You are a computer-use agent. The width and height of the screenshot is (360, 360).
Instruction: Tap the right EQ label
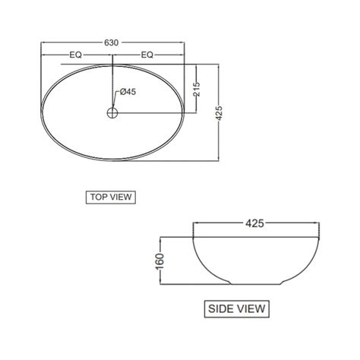click(147, 55)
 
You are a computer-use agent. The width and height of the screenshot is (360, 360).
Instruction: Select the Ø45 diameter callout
click(127, 92)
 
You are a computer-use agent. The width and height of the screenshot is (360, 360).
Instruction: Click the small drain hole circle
click(112, 113)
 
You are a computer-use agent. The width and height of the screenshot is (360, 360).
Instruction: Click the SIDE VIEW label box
click(237, 308)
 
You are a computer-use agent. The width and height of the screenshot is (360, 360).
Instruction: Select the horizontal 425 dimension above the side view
click(254, 225)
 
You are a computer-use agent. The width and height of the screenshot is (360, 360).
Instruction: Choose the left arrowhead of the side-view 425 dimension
click(197, 225)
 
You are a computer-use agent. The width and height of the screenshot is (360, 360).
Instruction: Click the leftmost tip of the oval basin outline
click(38, 113)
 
